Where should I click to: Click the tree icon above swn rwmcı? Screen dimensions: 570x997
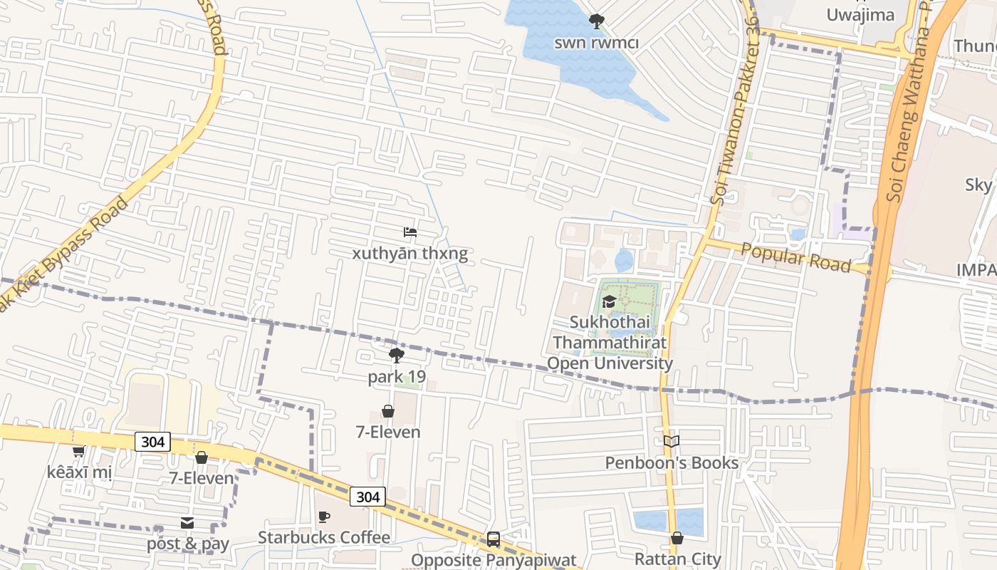pos(596,22)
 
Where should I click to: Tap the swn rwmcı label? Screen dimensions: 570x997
pos(597,43)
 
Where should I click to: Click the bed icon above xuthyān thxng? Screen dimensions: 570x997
pos(409,232)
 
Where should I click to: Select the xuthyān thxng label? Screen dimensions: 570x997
pos(410,254)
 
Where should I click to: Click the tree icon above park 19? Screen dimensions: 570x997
pos(397,356)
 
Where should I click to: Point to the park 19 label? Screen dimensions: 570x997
pos(397,377)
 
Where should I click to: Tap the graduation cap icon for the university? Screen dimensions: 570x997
pos(609,301)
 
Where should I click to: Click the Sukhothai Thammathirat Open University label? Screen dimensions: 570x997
pos(610,343)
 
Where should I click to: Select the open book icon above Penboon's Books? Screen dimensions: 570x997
pos(672,442)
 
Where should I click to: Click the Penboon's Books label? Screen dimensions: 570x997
pos(672,463)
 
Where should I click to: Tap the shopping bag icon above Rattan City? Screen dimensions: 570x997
pos(677,538)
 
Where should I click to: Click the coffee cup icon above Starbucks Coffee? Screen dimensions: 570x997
pos(324,517)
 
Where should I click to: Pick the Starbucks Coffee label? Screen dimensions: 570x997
pos(324,537)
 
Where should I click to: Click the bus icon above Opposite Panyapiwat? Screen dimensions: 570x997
pos(494,539)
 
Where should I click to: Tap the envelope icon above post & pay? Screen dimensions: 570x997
pos(187,523)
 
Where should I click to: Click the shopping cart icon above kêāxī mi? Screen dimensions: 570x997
pos(78,451)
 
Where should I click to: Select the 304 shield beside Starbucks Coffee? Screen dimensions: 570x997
pos(367,497)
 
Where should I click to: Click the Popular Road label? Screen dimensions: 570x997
pos(795,257)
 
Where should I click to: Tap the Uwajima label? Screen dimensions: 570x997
pos(860,14)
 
